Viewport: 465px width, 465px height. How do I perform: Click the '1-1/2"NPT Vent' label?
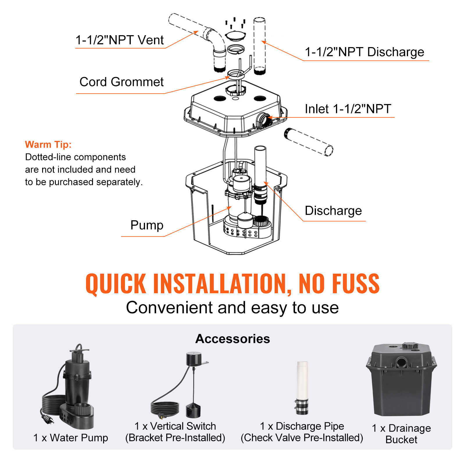pos(119,40)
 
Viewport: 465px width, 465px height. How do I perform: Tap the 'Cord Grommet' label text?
pos(121,82)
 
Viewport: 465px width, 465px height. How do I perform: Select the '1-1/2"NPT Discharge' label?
pos(364,52)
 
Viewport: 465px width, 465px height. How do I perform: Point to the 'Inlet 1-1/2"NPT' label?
pos(348,109)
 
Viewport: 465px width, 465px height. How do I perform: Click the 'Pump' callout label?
pos(147,225)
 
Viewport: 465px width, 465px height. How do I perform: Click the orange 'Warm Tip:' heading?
pos(48,144)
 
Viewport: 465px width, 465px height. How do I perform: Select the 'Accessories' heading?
pos(233,339)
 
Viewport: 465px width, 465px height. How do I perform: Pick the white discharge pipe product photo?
pos(302,387)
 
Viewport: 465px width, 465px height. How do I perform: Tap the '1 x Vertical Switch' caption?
pos(175,426)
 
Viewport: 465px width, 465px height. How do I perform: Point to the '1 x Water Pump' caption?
pos(71,438)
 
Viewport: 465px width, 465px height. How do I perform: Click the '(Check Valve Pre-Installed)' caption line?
pos(302,438)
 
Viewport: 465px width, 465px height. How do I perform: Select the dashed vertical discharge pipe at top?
pos(259,45)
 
